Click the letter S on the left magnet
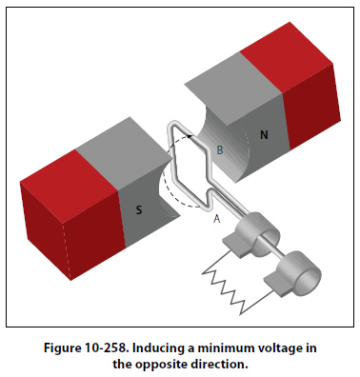click(x=139, y=209)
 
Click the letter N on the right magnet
click(x=264, y=135)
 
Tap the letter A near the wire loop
click(x=216, y=219)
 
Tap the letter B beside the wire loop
click(x=220, y=149)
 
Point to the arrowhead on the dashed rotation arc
click(x=190, y=136)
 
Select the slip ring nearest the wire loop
click(x=259, y=234)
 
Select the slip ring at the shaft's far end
click(x=299, y=273)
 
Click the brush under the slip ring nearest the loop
click(x=235, y=246)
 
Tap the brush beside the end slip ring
click(x=277, y=284)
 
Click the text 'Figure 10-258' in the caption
click(x=86, y=348)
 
